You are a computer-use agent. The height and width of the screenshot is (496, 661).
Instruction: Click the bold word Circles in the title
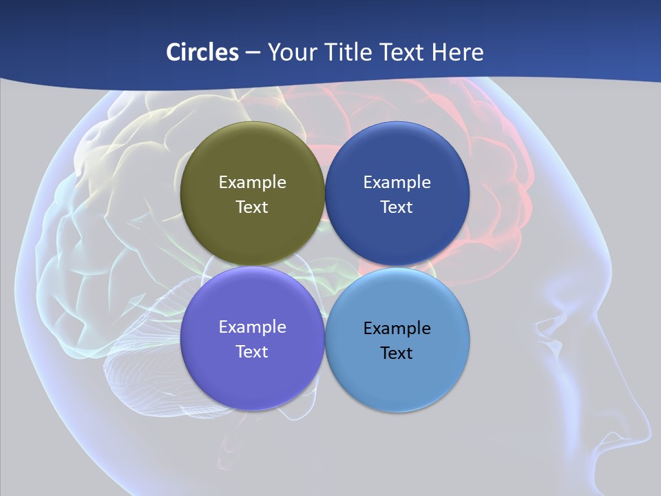pos(202,52)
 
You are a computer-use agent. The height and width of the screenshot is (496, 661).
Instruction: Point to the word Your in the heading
pos(292,52)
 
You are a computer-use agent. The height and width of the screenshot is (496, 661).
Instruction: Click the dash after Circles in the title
pos(253,53)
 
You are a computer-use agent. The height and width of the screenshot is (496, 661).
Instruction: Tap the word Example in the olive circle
pos(252,183)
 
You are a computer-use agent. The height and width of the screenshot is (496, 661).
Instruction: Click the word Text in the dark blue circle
pos(397,207)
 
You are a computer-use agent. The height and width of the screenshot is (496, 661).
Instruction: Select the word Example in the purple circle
pos(252,327)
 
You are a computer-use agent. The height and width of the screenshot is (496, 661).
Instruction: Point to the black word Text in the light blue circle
pos(397,353)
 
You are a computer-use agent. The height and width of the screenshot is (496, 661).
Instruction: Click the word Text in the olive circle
pos(252,207)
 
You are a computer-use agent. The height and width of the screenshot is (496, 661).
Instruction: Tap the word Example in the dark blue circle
pos(397,183)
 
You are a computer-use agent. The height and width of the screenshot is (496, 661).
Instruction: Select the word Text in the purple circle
pos(252,352)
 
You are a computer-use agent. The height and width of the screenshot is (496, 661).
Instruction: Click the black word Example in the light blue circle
pos(397,329)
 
